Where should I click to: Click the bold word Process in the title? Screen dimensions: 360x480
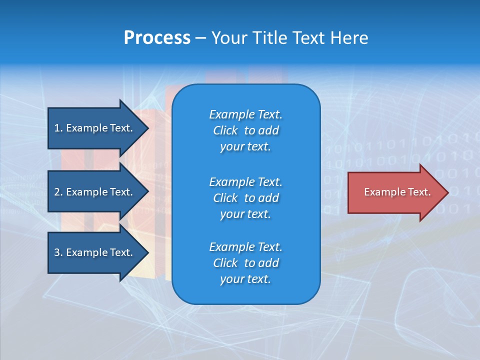pyautogui.click(x=157, y=38)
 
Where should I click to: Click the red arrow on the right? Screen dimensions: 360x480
pyautogui.click(x=395, y=192)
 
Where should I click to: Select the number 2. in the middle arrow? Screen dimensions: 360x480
pyautogui.click(x=58, y=192)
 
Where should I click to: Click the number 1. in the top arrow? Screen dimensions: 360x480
pyautogui.click(x=58, y=128)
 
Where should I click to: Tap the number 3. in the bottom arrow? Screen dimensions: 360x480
pyautogui.click(x=58, y=252)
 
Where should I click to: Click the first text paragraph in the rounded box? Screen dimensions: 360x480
pyautogui.click(x=245, y=130)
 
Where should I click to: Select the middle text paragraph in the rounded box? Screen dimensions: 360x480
pyautogui.click(x=245, y=197)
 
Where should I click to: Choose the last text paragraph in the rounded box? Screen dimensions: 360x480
pyautogui.click(x=245, y=263)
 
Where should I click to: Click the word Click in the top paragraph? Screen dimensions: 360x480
pyautogui.click(x=225, y=130)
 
